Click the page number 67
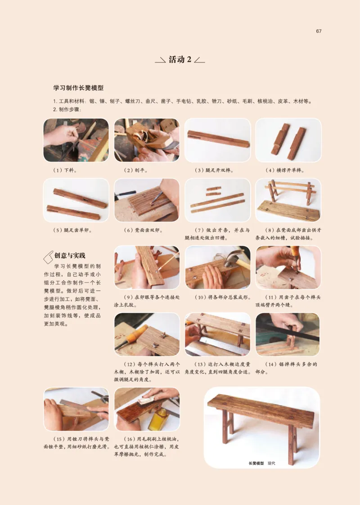click(318, 31)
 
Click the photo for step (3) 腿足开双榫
click(217, 140)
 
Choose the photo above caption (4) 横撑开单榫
click(288, 140)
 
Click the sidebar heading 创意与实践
click(69, 256)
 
